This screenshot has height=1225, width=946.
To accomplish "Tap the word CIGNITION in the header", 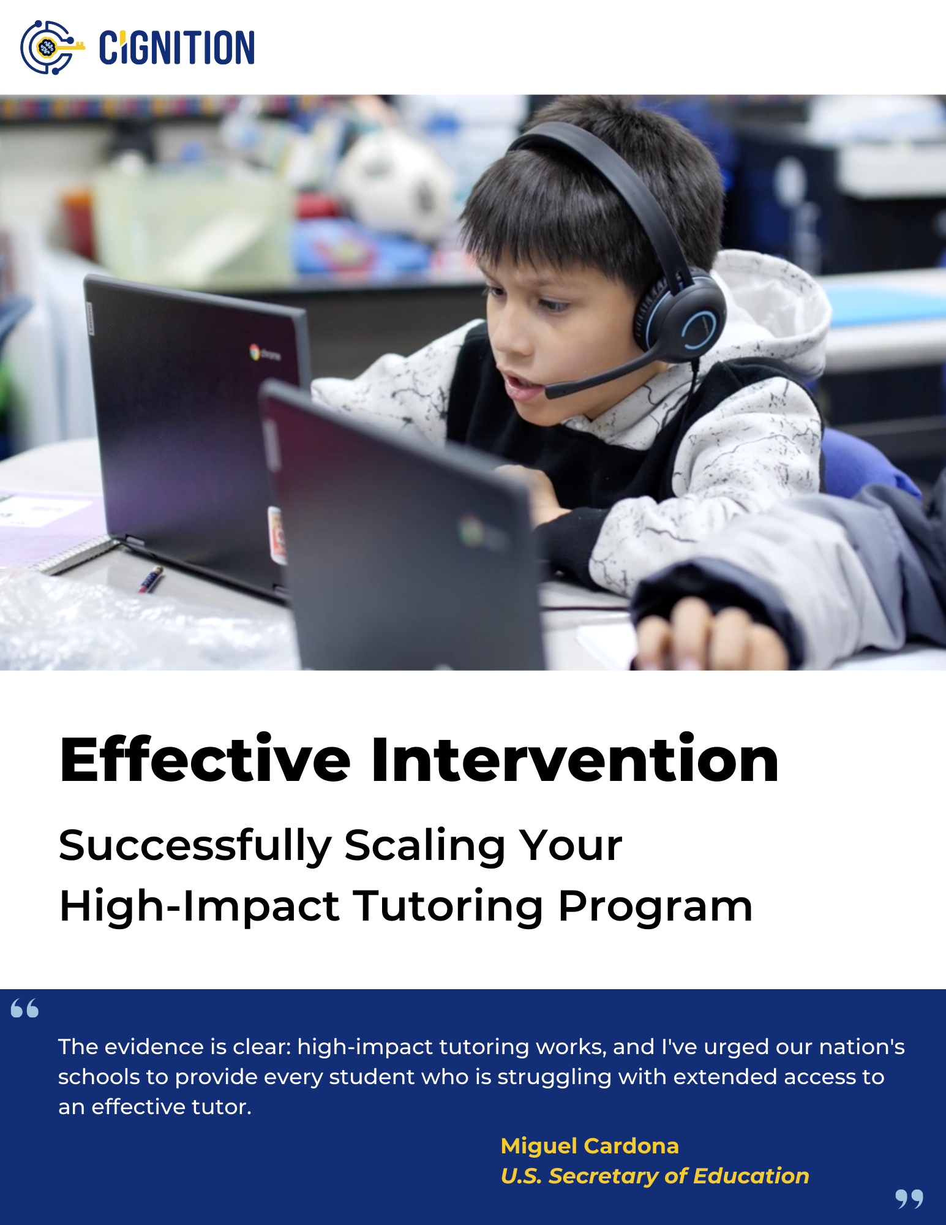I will point(177,48).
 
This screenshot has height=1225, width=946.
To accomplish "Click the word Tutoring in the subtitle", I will point(448,907).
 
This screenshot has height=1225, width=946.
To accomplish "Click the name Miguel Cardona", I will point(590,1146).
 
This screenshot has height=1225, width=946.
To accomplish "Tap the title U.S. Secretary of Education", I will point(655,1176).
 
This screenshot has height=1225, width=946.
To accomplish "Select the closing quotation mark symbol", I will point(909,1199).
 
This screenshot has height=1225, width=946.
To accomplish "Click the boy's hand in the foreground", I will point(710,634).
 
